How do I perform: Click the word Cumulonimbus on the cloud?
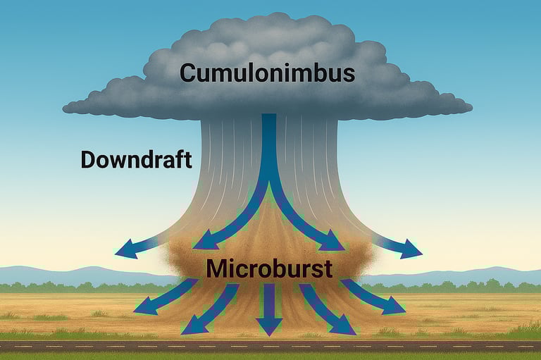pos(266,73)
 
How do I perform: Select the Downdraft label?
pos(136,160)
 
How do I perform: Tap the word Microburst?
pos(268,268)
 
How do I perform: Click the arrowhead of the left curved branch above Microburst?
pos(203,242)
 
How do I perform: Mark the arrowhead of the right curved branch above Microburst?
pos(334,242)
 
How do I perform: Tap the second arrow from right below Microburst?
pos(328,310)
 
